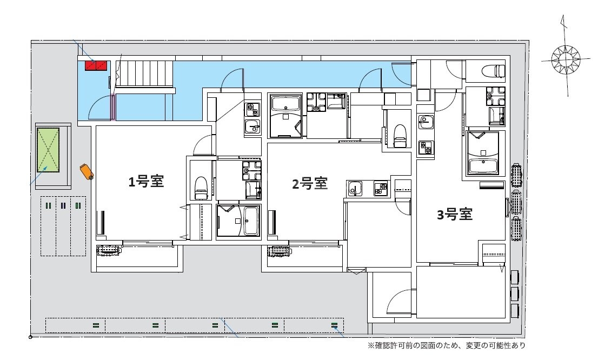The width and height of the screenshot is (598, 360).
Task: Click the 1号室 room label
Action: coord(146,182)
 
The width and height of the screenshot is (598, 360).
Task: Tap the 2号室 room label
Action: coord(310,184)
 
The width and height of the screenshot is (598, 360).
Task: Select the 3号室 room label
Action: coord(455,215)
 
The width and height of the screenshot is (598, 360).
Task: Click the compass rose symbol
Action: coord(566,59)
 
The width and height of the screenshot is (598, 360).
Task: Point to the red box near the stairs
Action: coord(96,65)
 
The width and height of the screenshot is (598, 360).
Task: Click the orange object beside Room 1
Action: coord(87,171)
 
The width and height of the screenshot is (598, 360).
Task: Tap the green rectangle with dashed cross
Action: coord(48,150)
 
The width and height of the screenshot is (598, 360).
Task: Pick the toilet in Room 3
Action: coord(494,71)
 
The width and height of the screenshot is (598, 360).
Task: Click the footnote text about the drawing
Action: coord(446,345)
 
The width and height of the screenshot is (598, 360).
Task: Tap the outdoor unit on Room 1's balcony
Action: coord(109,250)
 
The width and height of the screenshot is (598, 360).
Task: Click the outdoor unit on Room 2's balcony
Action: coord(280,251)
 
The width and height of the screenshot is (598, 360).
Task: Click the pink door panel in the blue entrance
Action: coord(113,107)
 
